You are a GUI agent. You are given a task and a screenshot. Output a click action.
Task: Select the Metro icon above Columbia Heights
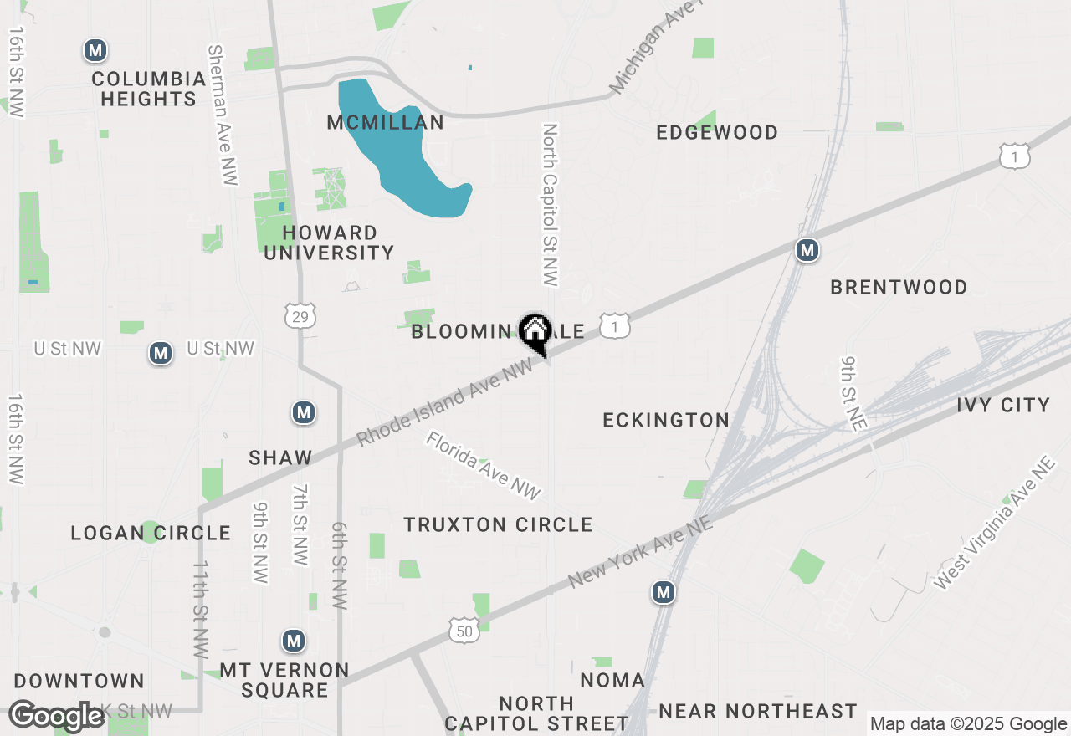tap(95, 51)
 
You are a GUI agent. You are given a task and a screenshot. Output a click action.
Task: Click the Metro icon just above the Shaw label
tap(303, 412)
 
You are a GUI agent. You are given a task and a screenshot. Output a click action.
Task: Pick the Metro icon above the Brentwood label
tap(807, 250)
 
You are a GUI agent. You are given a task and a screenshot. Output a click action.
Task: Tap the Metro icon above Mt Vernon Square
tap(293, 641)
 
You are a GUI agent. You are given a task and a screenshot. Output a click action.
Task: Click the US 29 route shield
tap(299, 315)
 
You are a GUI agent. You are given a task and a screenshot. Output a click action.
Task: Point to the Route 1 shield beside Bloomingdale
tap(615, 327)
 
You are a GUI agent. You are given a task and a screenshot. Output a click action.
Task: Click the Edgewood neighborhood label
tap(717, 133)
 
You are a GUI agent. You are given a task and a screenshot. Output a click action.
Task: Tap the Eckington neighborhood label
tap(666, 420)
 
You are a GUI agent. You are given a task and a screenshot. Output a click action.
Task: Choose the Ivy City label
tap(1002, 406)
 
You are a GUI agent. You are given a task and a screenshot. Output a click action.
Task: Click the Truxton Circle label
tap(498, 525)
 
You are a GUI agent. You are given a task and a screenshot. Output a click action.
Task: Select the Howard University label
tap(329, 243)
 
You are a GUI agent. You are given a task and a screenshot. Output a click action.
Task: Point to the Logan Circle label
tap(151, 534)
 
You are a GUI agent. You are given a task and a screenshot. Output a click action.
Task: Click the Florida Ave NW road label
tap(484, 465)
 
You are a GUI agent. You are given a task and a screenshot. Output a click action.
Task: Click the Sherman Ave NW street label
tap(222, 115)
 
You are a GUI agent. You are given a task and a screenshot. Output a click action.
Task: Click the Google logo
tap(56, 716)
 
